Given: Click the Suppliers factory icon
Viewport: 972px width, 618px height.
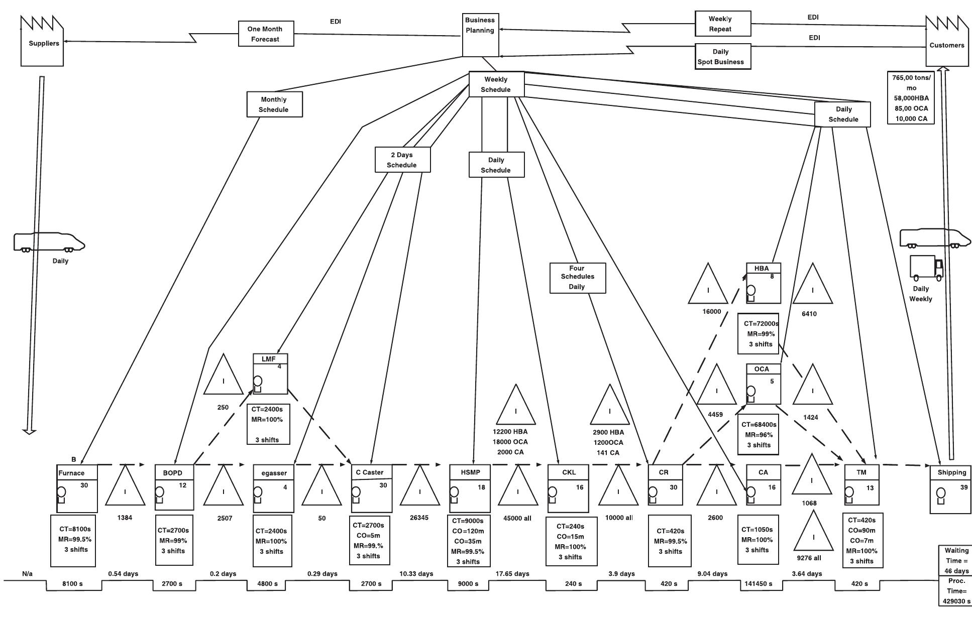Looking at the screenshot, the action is (x=42, y=41).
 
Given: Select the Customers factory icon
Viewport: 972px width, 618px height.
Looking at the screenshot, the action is (x=947, y=41).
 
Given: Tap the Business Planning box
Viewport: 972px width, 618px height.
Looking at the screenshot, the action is (x=480, y=35).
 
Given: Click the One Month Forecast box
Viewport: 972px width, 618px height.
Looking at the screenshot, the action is (x=266, y=34).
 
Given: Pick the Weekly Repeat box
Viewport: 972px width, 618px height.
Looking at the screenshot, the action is (x=723, y=24).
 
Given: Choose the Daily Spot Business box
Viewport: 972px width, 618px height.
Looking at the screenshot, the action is (x=723, y=56).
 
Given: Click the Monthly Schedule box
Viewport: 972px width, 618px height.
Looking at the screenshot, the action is (x=274, y=104).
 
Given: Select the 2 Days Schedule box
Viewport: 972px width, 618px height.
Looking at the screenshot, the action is (x=402, y=160).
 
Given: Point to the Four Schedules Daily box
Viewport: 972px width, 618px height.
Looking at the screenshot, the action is (x=578, y=278).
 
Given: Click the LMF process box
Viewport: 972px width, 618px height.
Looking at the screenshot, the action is (x=270, y=374).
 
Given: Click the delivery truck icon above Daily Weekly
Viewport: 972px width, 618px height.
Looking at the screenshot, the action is (x=927, y=268).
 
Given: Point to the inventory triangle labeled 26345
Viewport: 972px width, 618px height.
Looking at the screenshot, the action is (x=420, y=485).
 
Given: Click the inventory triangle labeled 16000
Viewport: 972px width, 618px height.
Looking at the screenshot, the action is (x=708, y=283).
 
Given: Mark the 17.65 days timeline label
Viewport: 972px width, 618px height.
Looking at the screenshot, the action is (x=512, y=573).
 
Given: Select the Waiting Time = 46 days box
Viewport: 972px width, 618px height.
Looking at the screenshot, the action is (x=956, y=560).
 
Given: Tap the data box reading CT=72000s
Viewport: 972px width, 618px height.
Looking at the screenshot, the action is (x=759, y=334).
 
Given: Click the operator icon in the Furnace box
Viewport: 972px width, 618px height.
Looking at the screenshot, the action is (x=61, y=495).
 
